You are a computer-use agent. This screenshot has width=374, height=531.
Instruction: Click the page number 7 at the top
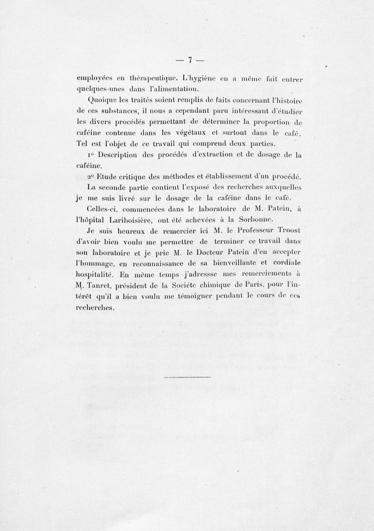pyautogui.click(x=190, y=60)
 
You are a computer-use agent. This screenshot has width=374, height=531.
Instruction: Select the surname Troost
pyautogui.click(x=291, y=231)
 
